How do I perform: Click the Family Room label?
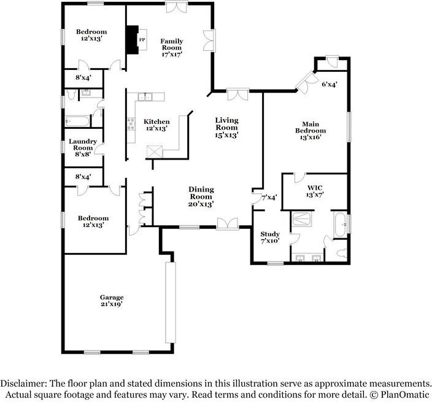[172, 47]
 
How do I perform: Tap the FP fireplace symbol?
[141, 41]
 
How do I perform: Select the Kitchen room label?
[156, 125]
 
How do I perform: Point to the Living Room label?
[226, 127]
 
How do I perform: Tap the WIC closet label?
[315, 190]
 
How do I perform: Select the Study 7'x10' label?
[270, 238]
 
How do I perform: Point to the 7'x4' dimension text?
[269, 198]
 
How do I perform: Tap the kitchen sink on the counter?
[146, 96]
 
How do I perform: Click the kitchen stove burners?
[130, 124]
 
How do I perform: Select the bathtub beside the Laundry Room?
[77, 120]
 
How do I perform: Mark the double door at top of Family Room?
[177, 7]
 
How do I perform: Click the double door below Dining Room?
[227, 223]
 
